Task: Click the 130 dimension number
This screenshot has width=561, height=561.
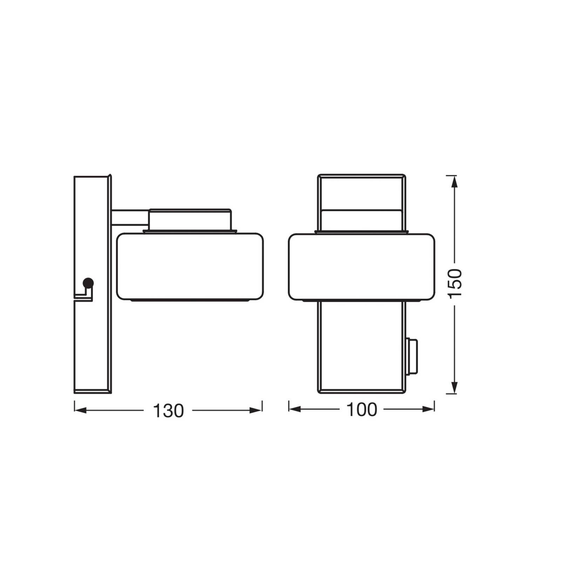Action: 168,411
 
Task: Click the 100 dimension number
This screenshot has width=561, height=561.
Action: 361,410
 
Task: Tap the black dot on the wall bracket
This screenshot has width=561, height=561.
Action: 88,282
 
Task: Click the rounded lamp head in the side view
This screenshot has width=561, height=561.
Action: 190,266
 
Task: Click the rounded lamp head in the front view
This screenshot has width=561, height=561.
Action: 361,266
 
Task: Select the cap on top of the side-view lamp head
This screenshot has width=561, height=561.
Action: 190,219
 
